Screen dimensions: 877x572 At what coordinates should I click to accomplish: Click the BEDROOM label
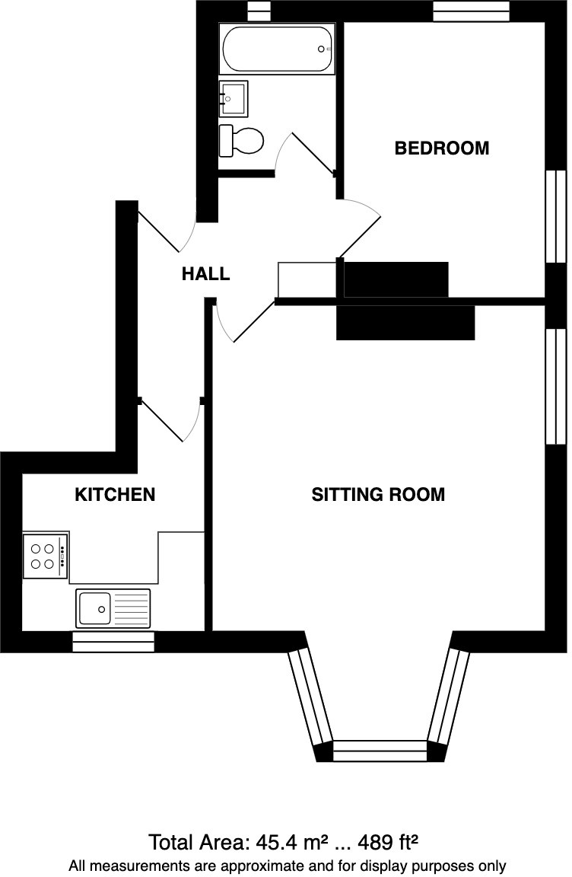(441, 148)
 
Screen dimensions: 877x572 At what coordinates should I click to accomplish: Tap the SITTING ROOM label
(378, 495)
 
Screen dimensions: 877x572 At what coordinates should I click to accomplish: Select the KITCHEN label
(114, 495)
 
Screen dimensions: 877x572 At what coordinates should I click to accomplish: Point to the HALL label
(205, 274)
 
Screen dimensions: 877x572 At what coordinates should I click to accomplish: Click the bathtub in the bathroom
(276, 49)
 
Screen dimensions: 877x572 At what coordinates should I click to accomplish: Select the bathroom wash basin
(234, 98)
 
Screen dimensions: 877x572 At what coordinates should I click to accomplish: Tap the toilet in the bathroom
(241, 141)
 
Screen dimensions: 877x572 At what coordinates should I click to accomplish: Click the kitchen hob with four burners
(44, 556)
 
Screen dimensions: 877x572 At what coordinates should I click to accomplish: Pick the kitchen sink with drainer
(113, 608)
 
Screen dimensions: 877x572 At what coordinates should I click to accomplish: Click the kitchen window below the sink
(113, 642)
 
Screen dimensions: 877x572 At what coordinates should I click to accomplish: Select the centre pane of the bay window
(380, 751)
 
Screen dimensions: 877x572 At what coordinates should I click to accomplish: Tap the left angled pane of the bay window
(310, 697)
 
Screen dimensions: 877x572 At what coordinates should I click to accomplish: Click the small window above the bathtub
(259, 11)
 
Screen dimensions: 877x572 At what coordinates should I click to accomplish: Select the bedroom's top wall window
(471, 11)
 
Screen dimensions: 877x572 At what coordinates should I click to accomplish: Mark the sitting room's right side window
(556, 386)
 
